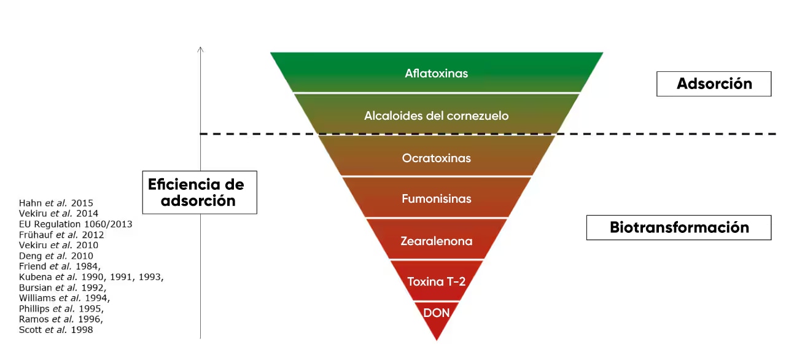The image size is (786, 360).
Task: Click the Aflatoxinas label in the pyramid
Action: pos(436,73)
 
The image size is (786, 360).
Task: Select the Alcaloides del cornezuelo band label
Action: pos(436,115)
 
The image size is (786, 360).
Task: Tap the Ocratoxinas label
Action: pos(436,158)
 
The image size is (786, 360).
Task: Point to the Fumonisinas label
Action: pos(436,198)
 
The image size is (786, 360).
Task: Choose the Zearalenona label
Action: pos(436,241)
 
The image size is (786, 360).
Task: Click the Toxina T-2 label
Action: pos(436,281)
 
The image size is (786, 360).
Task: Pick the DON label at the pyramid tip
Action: pos(436,313)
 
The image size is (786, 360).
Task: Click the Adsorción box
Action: pos(714,84)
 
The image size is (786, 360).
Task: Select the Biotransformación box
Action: pos(679,227)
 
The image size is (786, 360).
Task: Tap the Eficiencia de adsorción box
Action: pos(200,192)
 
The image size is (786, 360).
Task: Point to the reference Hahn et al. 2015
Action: pos(56,203)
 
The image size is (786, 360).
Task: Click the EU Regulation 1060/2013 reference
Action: pos(76,224)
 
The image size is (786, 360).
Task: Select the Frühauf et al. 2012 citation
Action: pos(61,235)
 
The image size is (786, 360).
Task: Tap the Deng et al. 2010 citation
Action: pos(56,256)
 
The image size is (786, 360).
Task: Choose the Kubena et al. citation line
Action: pos(91,277)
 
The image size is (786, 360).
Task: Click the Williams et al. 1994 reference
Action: pos(64,298)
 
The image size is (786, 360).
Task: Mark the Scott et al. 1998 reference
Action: pos(56,330)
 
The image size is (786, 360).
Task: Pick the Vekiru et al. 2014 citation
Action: pos(58,214)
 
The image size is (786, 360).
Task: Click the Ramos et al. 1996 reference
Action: pos(61,319)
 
